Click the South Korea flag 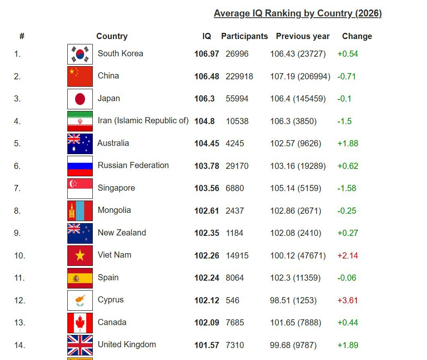[80, 54]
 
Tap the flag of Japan [80, 99]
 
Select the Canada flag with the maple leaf [80, 323]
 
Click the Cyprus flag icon [80, 300]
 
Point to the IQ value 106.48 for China [207, 76]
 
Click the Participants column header [245, 36]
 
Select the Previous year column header [303, 36]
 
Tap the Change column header [357, 36]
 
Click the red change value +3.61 [348, 300]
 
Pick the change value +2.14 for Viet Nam [348, 256]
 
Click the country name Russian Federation [133, 165]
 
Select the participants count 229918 [239, 76]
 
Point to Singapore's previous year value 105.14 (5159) [296, 188]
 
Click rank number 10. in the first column [20, 256]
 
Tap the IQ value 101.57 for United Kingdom [207, 345]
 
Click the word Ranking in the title [283, 13]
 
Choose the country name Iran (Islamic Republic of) [143, 120]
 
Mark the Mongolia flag [80, 211]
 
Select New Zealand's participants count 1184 [234, 233]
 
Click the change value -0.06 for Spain [347, 278]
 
